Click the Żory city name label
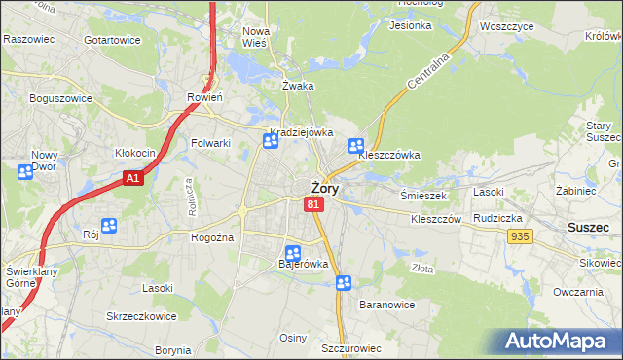(324, 189)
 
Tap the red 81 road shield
(312, 204)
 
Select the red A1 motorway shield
(133, 179)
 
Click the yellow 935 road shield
(519, 236)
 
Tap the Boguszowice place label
(60, 98)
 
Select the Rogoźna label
(210, 237)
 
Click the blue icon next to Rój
(109, 226)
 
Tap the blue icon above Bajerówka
(292, 253)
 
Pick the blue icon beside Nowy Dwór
(24, 172)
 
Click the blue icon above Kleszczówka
(356, 146)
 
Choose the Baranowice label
(386, 305)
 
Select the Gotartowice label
(112, 40)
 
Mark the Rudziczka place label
(499, 218)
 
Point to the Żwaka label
(298, 86)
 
